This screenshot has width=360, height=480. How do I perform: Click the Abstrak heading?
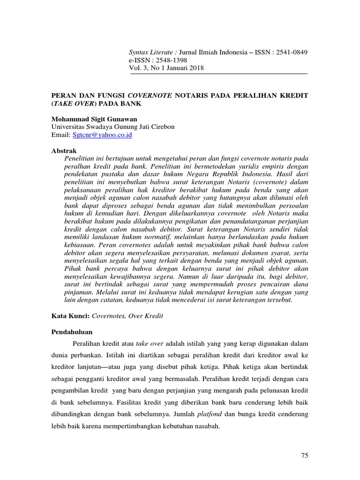(63, 151)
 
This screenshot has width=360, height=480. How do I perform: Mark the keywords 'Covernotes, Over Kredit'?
(127, 316)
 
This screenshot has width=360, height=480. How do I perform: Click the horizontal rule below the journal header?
(217, 74)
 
